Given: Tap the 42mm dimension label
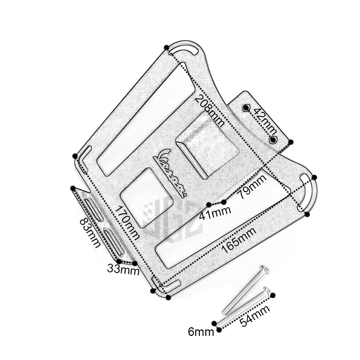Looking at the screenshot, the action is click(264, 121).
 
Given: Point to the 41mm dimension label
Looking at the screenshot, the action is click(215, 213).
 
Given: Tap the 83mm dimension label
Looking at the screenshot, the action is click(90, 233).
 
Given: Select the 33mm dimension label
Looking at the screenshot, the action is click(123, 270).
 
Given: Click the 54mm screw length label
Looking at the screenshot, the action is click(255, 316).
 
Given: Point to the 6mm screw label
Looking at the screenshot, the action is click(201, 332).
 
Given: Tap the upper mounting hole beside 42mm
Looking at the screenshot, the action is click(246, 107).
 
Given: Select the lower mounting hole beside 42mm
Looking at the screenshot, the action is click(273, 140).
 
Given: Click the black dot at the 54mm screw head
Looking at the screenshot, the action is click(273, 295).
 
